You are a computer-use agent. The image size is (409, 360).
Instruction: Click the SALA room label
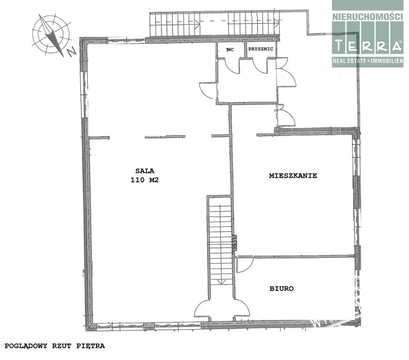145,171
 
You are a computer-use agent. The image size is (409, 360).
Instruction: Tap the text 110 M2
145,180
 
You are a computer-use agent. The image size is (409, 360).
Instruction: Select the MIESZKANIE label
293,176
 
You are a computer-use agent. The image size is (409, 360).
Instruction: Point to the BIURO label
282,288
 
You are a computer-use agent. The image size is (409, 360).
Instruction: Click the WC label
230,50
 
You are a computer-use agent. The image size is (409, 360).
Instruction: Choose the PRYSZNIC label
261,49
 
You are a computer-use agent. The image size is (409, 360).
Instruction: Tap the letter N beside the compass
71,52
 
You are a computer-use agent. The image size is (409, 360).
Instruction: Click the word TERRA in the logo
368,45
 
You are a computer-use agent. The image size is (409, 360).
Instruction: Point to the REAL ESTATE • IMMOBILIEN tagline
368,61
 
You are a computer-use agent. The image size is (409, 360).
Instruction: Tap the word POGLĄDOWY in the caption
26,346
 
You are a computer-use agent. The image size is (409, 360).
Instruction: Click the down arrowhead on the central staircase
221,282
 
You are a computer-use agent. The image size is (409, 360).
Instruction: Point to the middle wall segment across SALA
165,136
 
